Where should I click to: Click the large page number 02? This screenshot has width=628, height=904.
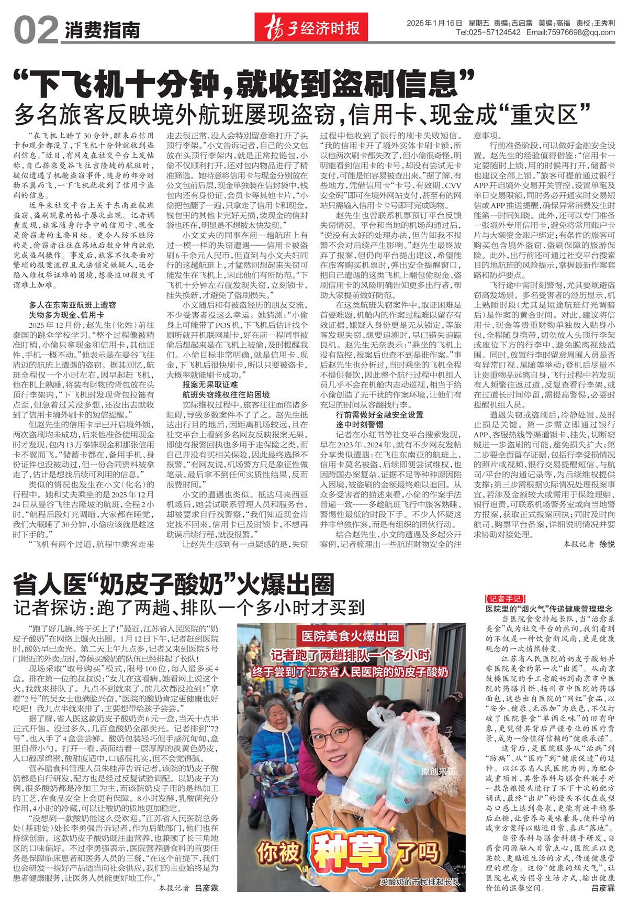(36, 30)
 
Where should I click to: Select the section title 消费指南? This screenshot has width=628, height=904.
(103, 30)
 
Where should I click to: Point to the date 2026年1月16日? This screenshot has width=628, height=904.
(434, 23)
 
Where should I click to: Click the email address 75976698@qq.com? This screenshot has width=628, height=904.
(580, 32)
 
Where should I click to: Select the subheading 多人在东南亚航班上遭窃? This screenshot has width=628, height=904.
(72, 304)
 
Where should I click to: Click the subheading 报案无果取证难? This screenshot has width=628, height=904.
(210, 384)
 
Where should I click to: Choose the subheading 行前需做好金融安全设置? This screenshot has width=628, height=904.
(379, 414)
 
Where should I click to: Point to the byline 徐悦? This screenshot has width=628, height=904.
(607, 545)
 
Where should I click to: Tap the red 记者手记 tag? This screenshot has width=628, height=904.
(504, 599)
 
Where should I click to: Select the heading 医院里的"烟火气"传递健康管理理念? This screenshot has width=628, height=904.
(549, 609)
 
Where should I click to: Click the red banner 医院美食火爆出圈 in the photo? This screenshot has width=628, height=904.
(350, 636)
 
